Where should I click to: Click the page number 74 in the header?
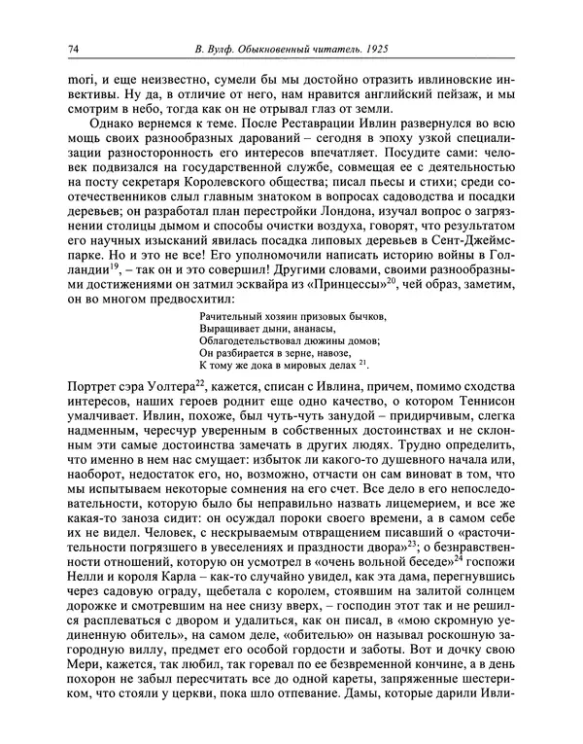pos(74,51)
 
